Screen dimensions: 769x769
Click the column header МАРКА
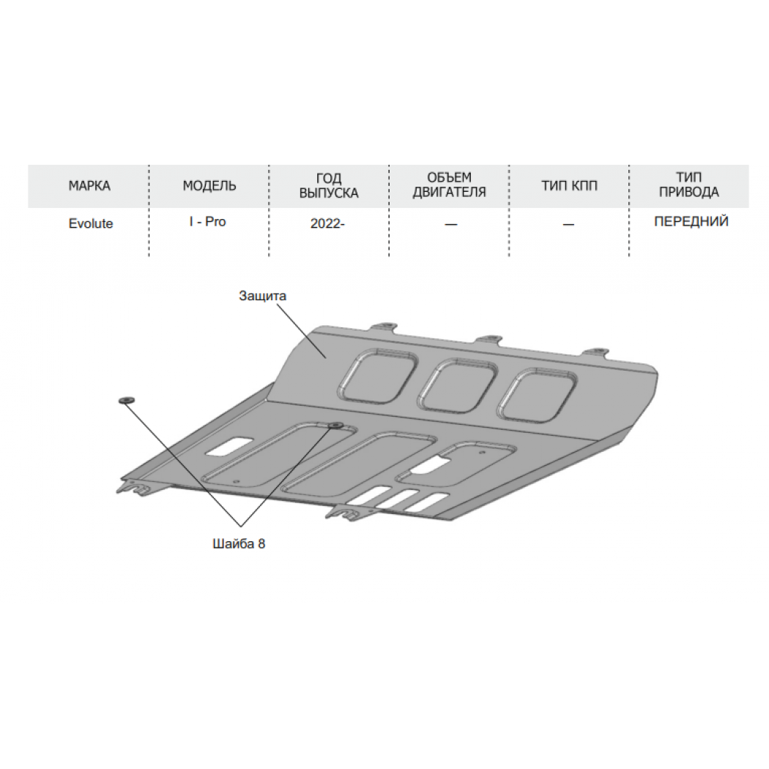pyautogui.click(x=89, y=186)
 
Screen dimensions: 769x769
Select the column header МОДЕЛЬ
pyautogui.click(x=209, y=186)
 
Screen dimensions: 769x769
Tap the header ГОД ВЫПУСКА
pyautogui.click(x=329, y=185)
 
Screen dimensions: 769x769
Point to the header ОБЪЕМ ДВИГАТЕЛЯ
pyautogui.click(x=449, y=185)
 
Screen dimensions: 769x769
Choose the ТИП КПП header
pyautogui.click(x=569, y=186)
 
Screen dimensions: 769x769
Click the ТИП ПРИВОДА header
pyautogui.click(x=689, y=185)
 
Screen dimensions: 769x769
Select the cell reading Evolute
pyautogui.click(x=91, y=223)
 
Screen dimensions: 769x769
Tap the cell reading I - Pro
pyautogui.click(x=208, y=222)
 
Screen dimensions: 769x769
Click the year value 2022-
pyautogui.click(x=327, y=223)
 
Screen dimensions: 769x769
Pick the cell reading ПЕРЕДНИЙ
pyautogui.click(x=691, y=222)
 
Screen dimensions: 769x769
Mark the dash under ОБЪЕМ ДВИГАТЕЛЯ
pyautogui.click(x=450, y=225)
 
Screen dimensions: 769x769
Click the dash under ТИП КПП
pyautogui.click(x=568, y=225)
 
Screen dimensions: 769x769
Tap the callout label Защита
pyautogui.click(x=262, y=296)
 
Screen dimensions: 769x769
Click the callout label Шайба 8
pyautogui.click(x=239, y=543)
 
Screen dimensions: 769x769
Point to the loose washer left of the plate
pyautogui.click(x=126, y=401)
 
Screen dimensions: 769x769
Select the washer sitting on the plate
pyautogui.click(x=336, y=425)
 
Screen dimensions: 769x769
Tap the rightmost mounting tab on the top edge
pyautogui.click(x=596, y=352)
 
